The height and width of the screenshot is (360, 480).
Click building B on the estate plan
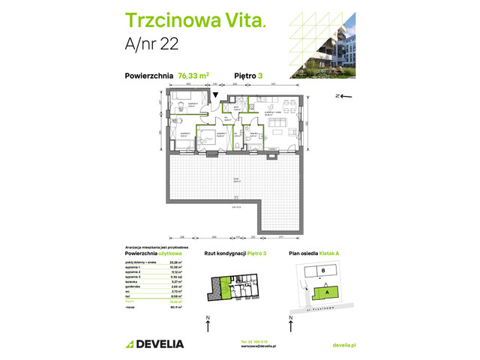[322, 271]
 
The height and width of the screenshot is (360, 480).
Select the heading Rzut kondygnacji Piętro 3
[238, 254]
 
